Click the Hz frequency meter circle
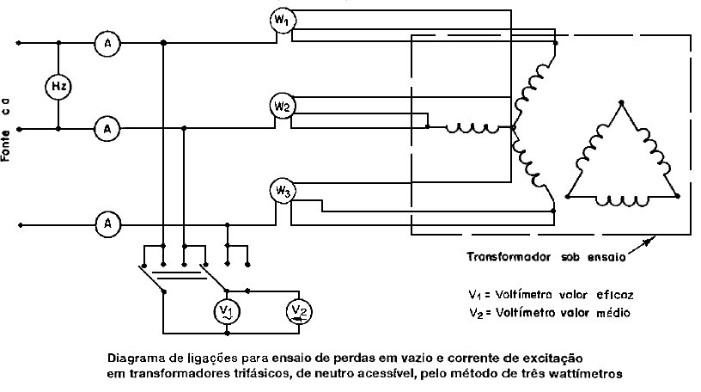click(58, 86)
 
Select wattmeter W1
click(283, 20)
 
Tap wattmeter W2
click(283, 106)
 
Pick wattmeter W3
click(283, 191)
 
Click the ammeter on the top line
click(107, 43)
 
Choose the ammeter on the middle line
click(107, 129)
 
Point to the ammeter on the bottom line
click(107, 224)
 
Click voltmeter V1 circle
click(227, 311)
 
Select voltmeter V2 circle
click(299, 311)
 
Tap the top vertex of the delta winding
click(621, 103)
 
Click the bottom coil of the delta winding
click(621, 201)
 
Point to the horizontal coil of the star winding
click(472, 129)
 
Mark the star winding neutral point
click(513, 127)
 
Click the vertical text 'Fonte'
click(6, 146)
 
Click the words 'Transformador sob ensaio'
click(546, 257)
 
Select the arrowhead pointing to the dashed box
click(647, 242)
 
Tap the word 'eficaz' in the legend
click(615, 295)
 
